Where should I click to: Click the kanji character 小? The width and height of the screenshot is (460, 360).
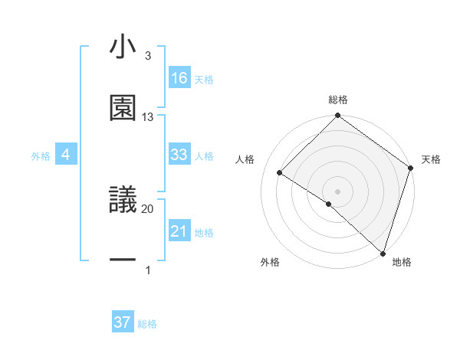point(123,47)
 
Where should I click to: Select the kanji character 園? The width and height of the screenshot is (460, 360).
point(123,108)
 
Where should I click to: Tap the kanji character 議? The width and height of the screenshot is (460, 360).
point(123,200)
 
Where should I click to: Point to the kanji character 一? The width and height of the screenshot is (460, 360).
point(123,261)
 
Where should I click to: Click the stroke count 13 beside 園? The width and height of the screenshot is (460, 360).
point(148,117)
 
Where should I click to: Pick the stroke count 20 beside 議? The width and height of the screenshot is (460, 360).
point(148,208)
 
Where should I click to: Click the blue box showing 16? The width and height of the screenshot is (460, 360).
point(179,78)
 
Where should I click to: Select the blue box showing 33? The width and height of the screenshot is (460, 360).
point(179,155)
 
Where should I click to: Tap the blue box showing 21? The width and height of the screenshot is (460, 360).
point(179,231)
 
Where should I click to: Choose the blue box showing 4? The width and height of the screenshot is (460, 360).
point(66,155)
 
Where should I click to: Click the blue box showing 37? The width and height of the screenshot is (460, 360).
point(123,322)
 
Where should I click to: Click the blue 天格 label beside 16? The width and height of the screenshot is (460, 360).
point(204,80)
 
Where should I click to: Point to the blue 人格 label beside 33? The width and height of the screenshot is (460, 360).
point(204,156)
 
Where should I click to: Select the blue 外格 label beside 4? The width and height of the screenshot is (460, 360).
point(41,156)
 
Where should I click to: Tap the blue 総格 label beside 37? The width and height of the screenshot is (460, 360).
point(147,324)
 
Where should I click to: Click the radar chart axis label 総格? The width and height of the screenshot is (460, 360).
point(338,100)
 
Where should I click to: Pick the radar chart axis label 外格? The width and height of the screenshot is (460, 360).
point(270,263)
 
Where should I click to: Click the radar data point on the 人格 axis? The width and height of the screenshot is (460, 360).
point(280,173)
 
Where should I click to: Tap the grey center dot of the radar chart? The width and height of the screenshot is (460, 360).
point(338,191)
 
